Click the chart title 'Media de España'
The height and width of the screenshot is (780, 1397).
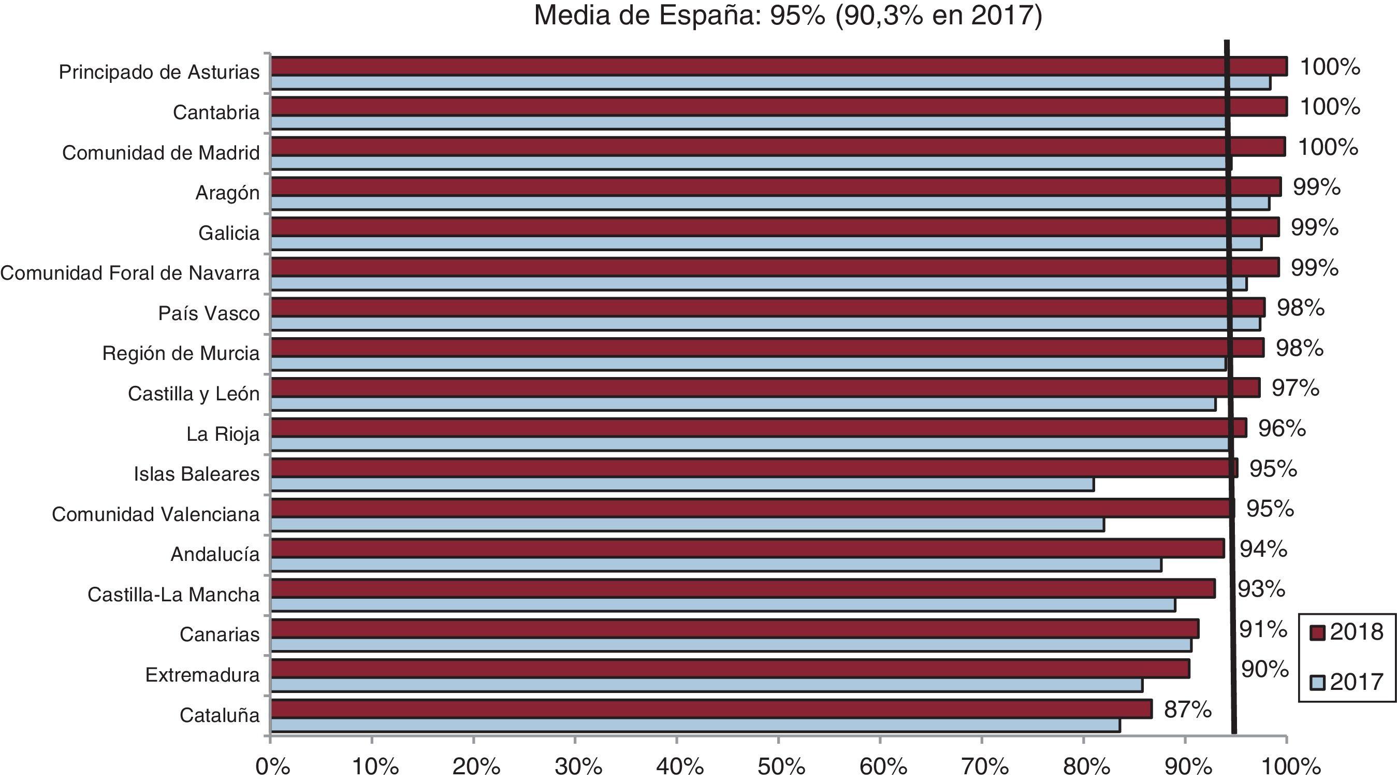coord(788,15)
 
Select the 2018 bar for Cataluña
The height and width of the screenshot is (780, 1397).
coord(710,709)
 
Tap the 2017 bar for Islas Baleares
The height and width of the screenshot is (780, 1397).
coord(682,484)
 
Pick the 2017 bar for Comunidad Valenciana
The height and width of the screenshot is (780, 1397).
coord(687,525)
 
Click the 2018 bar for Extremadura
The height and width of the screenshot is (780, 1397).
coord(730,669)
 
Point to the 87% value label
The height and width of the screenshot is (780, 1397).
coord(1188,709)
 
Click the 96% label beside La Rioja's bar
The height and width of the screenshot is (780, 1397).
coord(1282,428)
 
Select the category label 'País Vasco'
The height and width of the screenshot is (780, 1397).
coord(209,313)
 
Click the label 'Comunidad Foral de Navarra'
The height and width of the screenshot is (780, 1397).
coord(130,273)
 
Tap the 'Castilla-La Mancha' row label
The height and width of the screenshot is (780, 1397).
coord(173,595)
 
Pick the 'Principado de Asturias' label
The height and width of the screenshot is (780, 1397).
coord(159,72)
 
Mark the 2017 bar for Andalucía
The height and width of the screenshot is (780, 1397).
coord(716,565)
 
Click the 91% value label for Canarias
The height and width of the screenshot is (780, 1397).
coord(1262,629)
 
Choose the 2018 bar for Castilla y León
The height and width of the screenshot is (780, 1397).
coord(765,388)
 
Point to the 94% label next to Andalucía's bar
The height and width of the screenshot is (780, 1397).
coord(1263,549)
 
